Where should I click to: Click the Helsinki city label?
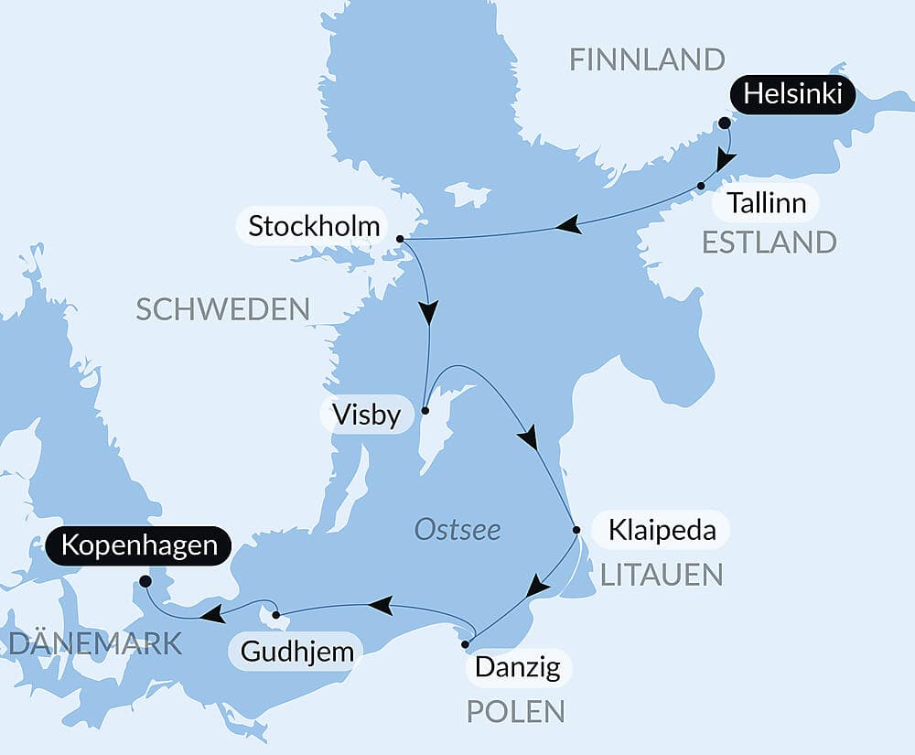coord(792,94)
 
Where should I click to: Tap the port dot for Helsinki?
coord(725,123)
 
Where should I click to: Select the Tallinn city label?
coord(768,202)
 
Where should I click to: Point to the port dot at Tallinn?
coord(701,186)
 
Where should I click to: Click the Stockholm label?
coord(314,226)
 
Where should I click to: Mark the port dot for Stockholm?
coord(401,239)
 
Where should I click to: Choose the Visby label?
coord(367,415)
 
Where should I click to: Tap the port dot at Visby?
coord(425,411)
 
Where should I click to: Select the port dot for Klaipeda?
coord(576,530)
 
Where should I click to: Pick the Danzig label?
coord(519,668)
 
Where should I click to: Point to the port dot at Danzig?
coord(466,645)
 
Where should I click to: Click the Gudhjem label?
coord(296,653)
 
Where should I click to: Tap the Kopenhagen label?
coord(138,547)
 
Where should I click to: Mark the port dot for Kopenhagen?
coord(145,581)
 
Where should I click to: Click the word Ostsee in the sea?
coord(457,530)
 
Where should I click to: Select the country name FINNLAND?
coord(647,59)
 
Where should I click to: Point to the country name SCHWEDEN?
coord(223,309)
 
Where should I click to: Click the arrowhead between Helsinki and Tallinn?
coord(726,162)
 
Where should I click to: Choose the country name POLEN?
coord(515,711)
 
